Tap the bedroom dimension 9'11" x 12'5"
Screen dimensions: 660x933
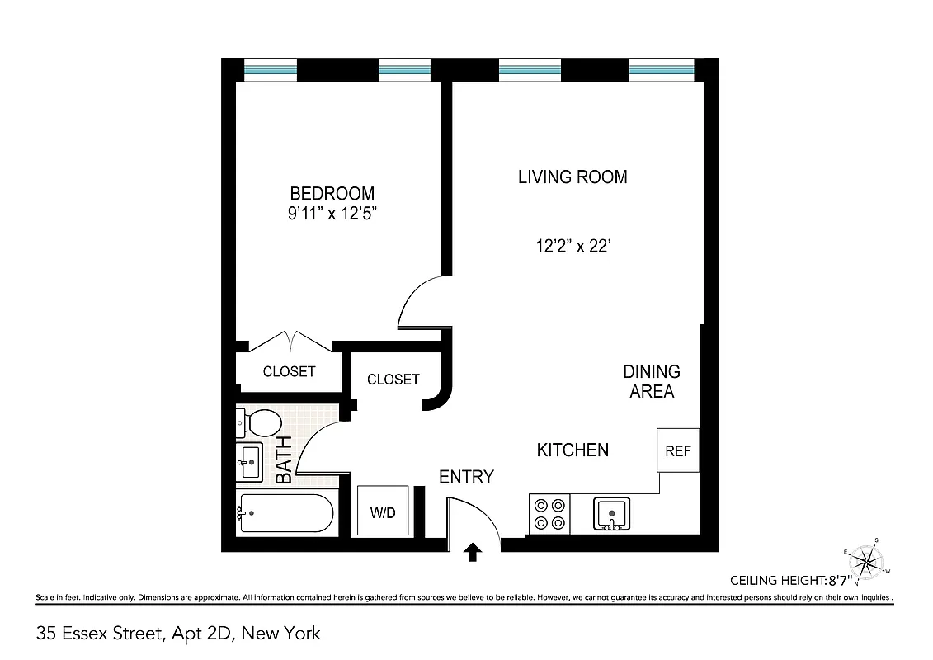click(332, 214)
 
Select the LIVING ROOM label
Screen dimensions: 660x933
click(572, 177)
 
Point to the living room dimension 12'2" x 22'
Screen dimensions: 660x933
click(572, 245)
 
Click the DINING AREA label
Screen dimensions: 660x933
click(652, 381)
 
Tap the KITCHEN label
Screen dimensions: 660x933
click(573, 450)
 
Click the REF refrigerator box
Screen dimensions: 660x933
click(678, 450)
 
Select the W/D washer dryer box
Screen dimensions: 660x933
click(383, 511)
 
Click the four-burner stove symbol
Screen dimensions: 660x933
click(549, 513)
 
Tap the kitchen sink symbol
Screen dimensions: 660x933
click(611, 513)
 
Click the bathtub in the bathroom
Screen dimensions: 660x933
click(285, 513)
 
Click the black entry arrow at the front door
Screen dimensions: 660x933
click(474, 552)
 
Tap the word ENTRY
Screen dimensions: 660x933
click(466, 477)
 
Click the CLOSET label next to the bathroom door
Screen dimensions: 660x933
click(393, 379)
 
